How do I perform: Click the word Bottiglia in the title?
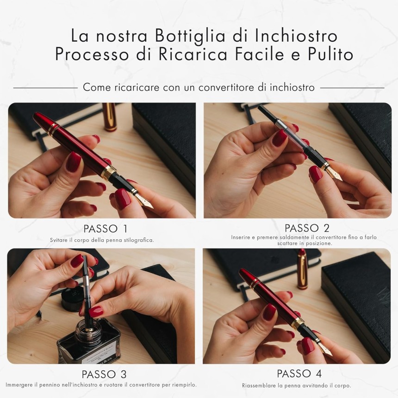click(190, 36)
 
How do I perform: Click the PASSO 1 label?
click(106, 229)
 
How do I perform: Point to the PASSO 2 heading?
click(307, 228)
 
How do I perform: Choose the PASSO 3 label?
click(104, 374)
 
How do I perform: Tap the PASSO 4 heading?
click(299, 373)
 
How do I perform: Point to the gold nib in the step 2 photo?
click(333, 174)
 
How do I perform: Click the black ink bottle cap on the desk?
click(73, 299)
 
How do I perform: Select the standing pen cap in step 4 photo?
click(302, 269)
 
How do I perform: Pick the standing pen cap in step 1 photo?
click(110, 117)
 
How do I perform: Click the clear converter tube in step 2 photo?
click(294, 138)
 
